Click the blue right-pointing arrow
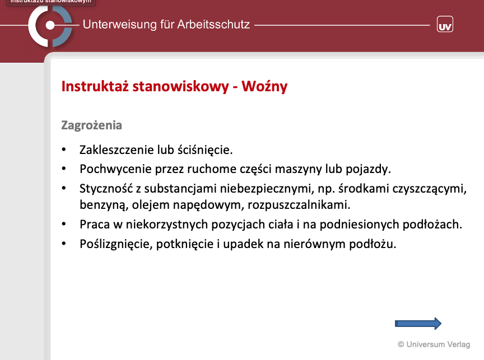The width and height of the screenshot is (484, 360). coord(418,324)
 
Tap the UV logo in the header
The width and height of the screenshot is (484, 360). coord(445,24)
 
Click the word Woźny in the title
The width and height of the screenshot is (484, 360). coord(264,86)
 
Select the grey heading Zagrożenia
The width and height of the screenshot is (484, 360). coord(92,125)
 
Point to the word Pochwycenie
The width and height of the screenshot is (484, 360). coord(115,169)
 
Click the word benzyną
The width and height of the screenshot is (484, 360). coord(104,205)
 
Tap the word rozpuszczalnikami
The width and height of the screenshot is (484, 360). coord(299,205)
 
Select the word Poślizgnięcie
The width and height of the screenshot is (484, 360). coord(117,244)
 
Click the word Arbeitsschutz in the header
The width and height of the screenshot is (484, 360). coord(213,25)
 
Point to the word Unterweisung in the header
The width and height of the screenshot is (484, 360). coord(119,25)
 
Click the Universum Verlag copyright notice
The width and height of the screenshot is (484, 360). coord(434,344)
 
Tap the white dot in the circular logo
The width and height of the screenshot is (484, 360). coord(50,25)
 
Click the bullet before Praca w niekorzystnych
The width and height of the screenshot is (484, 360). coord(64,225)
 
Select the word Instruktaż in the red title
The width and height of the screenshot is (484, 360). coord(95,86)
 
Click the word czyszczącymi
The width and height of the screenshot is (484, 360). coord(429,189)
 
